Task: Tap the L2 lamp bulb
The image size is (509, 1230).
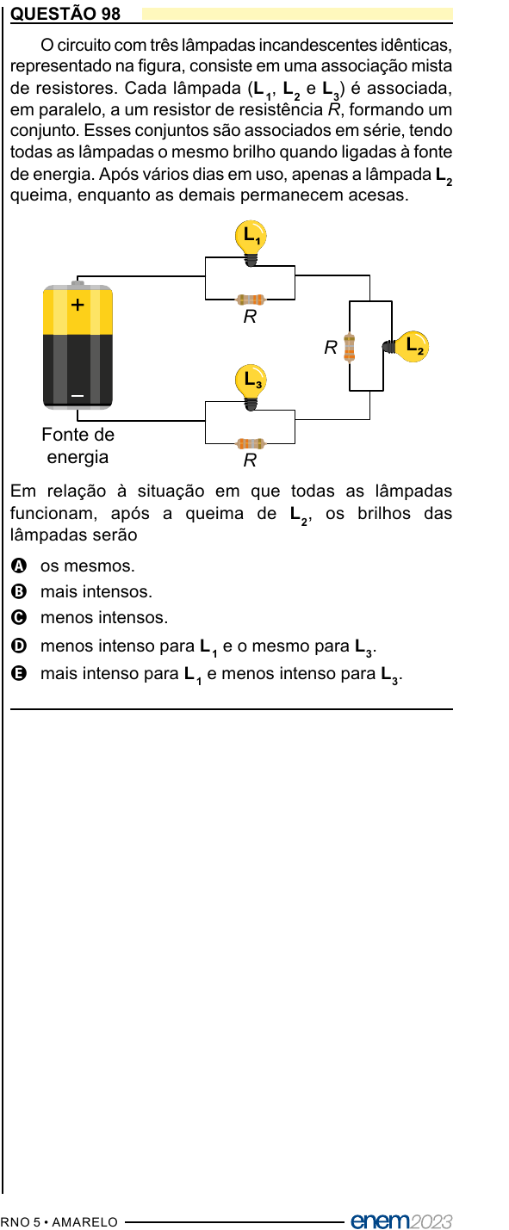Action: (406, 347)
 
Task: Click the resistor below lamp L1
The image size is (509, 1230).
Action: (250, 300)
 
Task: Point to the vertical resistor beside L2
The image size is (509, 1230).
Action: (349, 348)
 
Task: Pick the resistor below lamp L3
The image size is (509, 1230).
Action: (250, 443)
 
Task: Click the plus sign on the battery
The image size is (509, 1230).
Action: (78, 304)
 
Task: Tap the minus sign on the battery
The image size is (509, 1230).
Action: (78, 395)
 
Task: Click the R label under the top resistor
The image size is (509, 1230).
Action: (250, 316)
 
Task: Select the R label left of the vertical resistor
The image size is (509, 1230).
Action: (331, 347)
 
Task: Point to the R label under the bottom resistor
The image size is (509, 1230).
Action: (250, 460)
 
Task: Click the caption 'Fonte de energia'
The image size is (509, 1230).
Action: (78, 445)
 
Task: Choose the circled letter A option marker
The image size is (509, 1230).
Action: (19, 565)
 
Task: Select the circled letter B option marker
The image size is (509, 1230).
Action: (19, 590)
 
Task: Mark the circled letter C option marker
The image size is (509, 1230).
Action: (19, 617)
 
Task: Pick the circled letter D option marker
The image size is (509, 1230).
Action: (19, 646)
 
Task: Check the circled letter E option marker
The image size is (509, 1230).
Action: (19, 673)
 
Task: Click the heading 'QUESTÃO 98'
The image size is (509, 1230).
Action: (65, 13)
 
